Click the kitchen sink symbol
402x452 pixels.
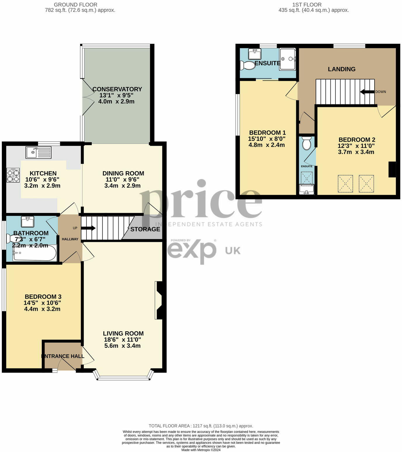tap(38, 153)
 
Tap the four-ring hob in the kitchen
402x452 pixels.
tap(13, 175)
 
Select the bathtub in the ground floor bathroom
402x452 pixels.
tap(34, 253)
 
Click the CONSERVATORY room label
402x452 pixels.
tap(117, 89)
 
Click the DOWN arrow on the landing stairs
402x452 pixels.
tap(367, 92)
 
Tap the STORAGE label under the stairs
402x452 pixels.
tap(145, 229)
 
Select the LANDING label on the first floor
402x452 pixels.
tap(342, 69)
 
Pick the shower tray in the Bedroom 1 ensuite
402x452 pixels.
tap(287, 59)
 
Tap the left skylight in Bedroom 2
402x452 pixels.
tap(345, 183)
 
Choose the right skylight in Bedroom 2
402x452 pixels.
tap(366, 183)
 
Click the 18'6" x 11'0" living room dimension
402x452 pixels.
tap(122, 340)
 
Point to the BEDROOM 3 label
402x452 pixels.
tap(43, 297)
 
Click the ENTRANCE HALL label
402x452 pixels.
tap(63, 356)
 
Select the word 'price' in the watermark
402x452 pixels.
tap(201, 200)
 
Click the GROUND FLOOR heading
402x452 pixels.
tap(76, 5)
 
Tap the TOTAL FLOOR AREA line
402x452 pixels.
tap(201, 426)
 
